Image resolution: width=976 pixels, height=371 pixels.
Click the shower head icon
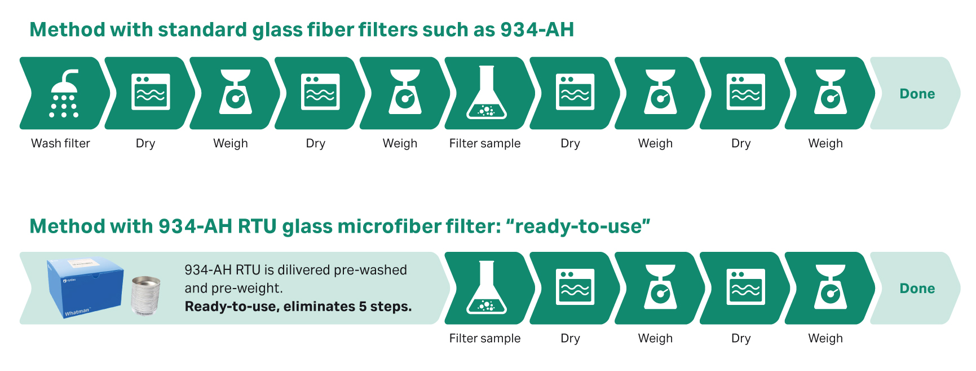64,93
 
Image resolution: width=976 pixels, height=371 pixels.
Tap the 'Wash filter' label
60,143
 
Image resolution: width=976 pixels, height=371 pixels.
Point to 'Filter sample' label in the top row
485,143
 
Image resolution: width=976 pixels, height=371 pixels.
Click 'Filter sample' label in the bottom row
485,338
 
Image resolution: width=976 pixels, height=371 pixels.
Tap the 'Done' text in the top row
917,94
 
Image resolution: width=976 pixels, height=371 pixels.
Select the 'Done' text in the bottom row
917,289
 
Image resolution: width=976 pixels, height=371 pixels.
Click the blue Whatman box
85,288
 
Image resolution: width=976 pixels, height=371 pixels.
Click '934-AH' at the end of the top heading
537,29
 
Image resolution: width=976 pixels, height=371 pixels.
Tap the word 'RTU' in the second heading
257,226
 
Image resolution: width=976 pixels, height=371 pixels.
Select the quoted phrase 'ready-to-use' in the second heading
578,226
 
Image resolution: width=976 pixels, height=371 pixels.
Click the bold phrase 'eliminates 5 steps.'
348,307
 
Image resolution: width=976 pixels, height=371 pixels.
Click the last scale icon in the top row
831,92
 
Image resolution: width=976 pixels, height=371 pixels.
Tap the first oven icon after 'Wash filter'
151,91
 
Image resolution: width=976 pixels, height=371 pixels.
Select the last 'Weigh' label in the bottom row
825,338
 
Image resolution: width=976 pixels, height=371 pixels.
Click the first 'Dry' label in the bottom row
570,338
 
